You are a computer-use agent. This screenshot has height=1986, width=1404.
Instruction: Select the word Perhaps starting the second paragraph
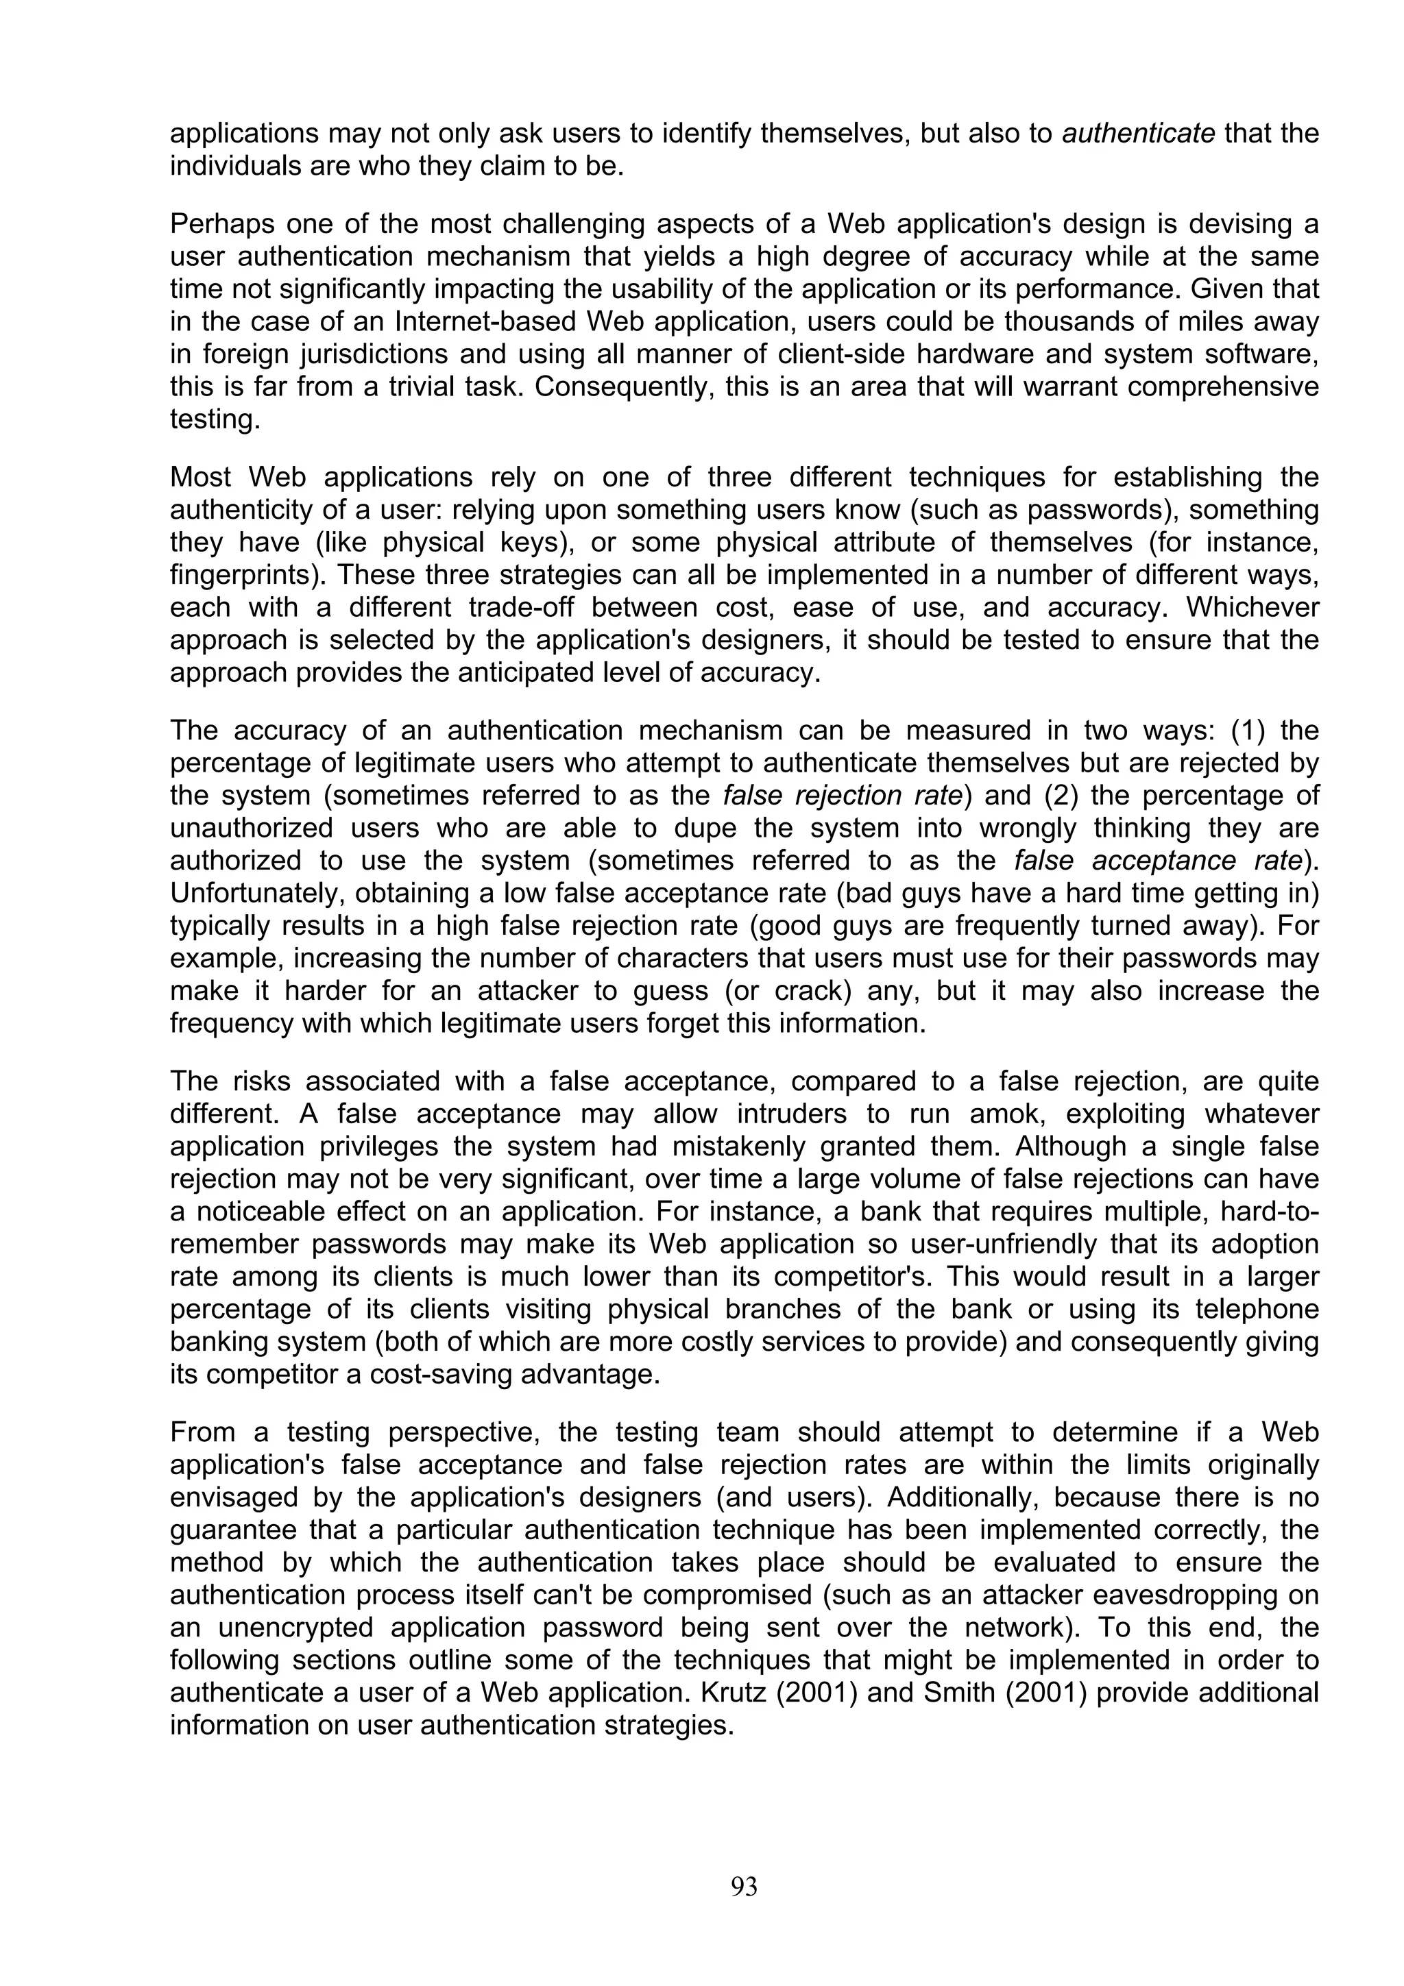pos(221,224)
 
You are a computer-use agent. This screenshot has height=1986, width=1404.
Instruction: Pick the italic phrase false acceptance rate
pos(1159,861)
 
